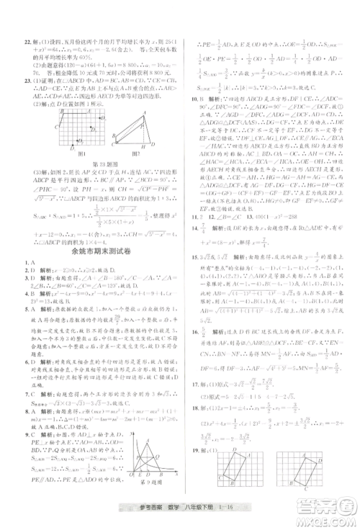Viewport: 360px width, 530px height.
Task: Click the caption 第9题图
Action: click(150, 478)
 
